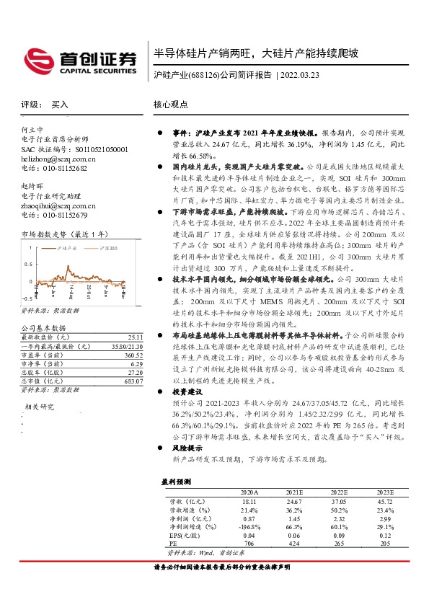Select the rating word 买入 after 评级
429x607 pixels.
[x=60, y=105]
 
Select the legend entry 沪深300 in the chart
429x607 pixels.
[x=107, y=248]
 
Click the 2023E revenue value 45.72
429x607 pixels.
[x=385, y=500]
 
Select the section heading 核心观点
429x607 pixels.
[x=169, y=105]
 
